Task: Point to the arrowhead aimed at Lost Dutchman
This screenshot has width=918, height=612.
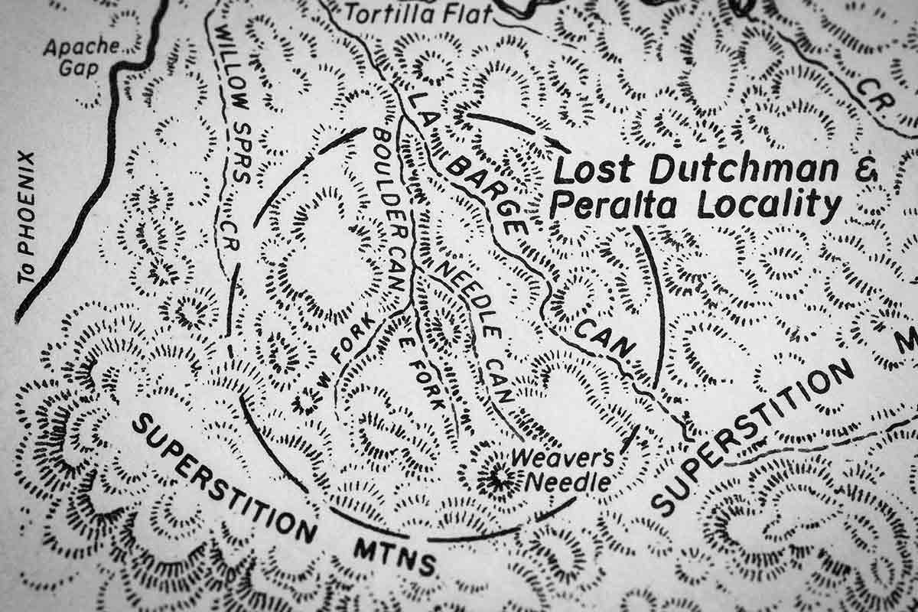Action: (562, 145)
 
